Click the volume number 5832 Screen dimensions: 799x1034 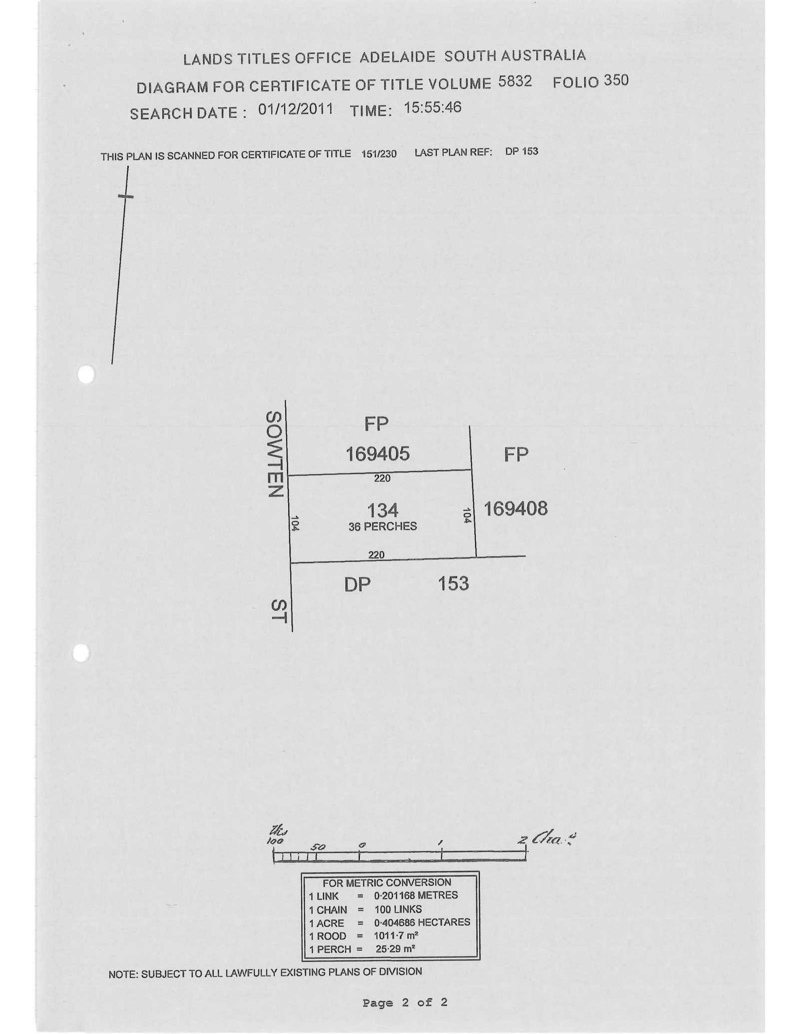[515, 81]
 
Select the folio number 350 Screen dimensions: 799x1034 [616, 80]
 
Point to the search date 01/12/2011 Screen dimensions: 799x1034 [296, 109]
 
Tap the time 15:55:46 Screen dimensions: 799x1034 [432, 107]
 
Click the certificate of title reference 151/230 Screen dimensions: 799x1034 [379, 154]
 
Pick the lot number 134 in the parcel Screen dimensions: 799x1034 [383, 511]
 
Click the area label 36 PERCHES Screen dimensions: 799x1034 [383, 526]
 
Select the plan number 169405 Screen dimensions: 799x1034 [378, 454]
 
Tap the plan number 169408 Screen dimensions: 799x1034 [515, 509]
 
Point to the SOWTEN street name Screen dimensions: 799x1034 [275, 454]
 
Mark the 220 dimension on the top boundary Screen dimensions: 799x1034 [382, 479]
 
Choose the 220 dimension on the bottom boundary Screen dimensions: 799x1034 [377, 554]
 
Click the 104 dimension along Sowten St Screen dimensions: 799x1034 [295, 523]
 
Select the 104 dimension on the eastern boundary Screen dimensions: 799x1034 [467, 516]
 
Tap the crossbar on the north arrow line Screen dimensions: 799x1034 [126, 196]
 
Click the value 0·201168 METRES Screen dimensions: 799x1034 [415, 896]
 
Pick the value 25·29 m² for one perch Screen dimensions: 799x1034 [396, 949]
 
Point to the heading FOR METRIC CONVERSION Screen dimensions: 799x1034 [387, 883]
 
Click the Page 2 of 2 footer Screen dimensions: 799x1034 [405, 1003]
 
